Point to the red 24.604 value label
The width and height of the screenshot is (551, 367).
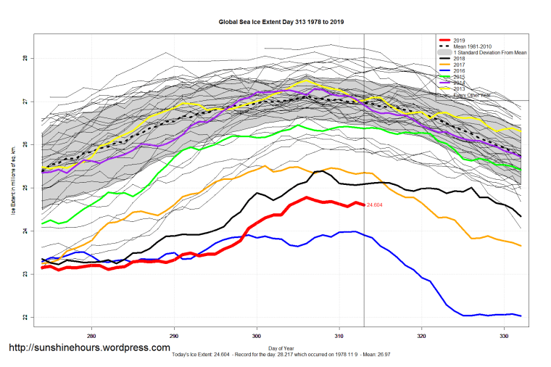[374, 206]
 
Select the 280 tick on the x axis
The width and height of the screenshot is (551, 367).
[91, 337]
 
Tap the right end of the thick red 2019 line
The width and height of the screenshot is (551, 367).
[363, 205]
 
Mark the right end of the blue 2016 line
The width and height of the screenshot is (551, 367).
[521, 316]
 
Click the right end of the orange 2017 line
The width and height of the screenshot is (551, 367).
[521, 246]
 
